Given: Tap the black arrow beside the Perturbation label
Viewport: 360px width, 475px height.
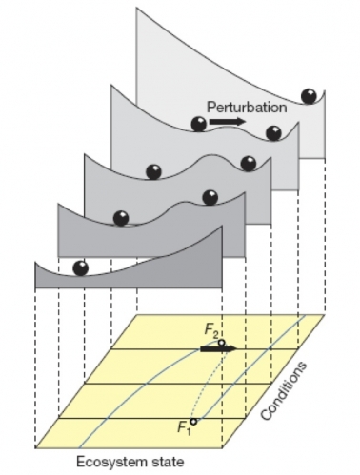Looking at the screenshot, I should pyautogui.click(x=226, y=122).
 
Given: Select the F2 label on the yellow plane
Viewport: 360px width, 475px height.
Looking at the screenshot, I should pyautogui.click(x=211, y=330).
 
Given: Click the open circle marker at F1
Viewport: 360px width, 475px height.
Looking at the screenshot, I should pyautogui.click(x=193, y=420).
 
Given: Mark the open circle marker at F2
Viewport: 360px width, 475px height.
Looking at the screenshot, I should pyautogui.click(x=221, y=342).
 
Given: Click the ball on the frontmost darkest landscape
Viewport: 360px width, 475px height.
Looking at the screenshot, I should pyautogui.click(x=80, y=267).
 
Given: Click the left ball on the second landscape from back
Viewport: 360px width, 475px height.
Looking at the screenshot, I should pyautogui.click(x=198, y=123).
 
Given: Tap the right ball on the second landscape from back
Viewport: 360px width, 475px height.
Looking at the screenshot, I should pyautogui.click(x=273, y=132).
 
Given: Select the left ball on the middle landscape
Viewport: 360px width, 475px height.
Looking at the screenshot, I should pyautogui.click(x=153, y=171).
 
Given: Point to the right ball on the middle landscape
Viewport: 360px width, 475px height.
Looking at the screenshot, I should pyautogui.click(x=249, y=163).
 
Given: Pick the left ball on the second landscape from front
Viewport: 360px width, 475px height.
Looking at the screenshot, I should pyautogui.click(x=121, y=218).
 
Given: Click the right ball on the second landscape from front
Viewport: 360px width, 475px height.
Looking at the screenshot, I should pyautogui.click(x=210, y=197).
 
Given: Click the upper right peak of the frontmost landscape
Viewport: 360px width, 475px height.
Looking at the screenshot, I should pyautogui.click(x=221, y=228).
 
